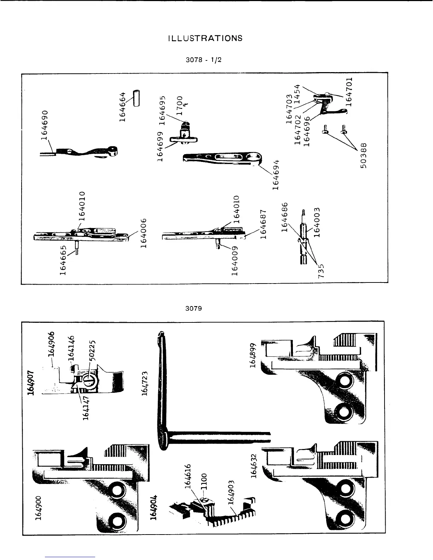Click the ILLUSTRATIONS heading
click(206, 38)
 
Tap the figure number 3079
click(194, 308)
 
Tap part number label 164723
click(145, 384)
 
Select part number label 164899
click(252, 355)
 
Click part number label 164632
click(254, 466)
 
